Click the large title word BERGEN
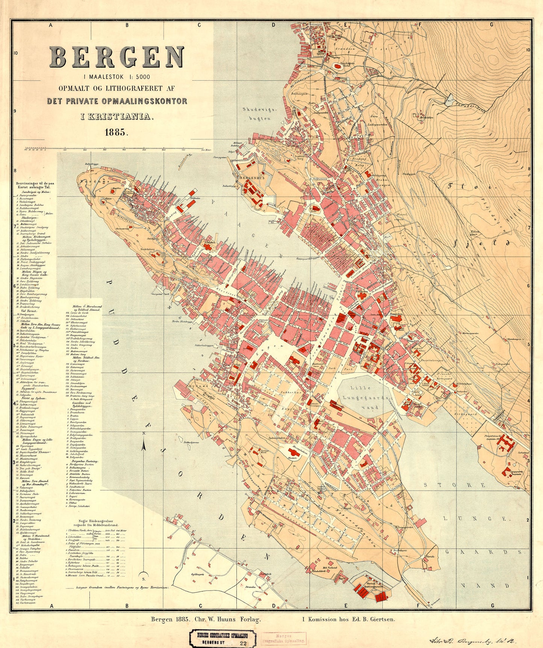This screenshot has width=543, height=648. coord(117,57)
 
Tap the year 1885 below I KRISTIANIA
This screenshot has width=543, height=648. coord(117,132)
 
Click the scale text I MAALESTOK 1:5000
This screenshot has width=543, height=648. coord(117,77)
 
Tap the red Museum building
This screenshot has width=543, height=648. coord(294,453)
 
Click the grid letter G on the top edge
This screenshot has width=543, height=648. coord(491,25)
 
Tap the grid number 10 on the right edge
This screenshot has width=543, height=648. coord(528,50)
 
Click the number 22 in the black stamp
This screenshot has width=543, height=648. coord(242,643)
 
